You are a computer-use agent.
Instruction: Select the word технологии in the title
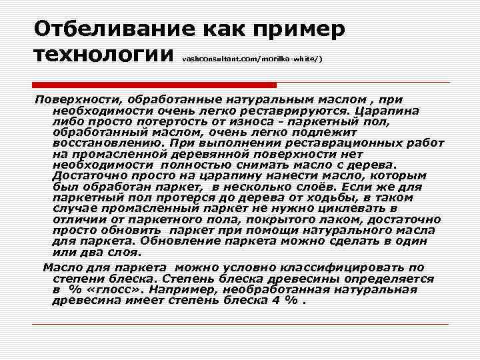point(103,55)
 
